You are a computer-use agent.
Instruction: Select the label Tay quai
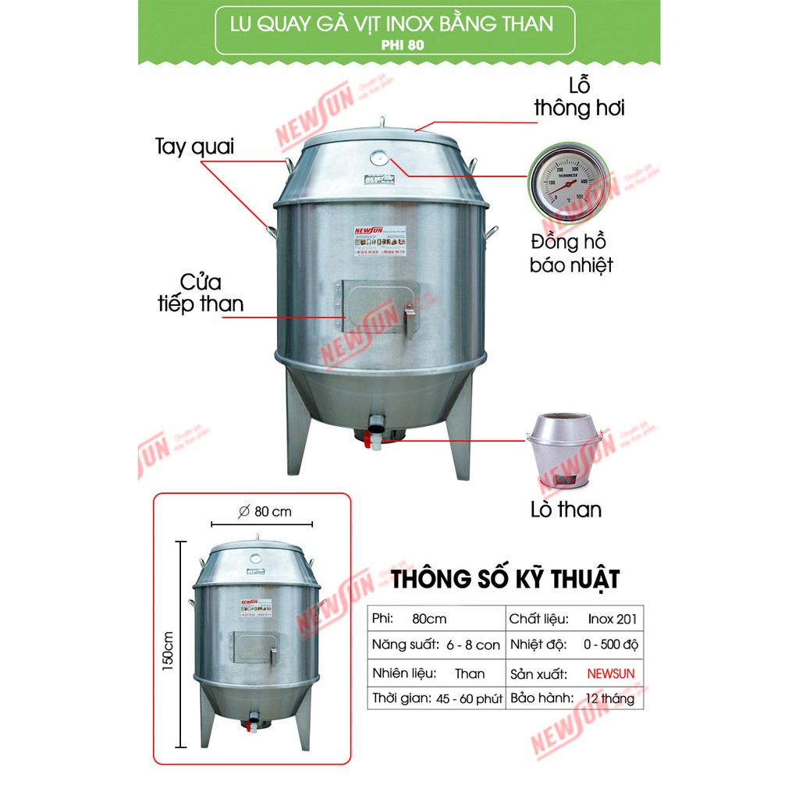tap(194, 147)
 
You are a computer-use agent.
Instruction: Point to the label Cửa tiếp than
tap(201, 293)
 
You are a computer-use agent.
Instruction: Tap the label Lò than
tap(566, 510)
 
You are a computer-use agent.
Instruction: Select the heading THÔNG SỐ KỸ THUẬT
tap(505, 580)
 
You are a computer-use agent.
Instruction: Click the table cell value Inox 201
tap(612, 619)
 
